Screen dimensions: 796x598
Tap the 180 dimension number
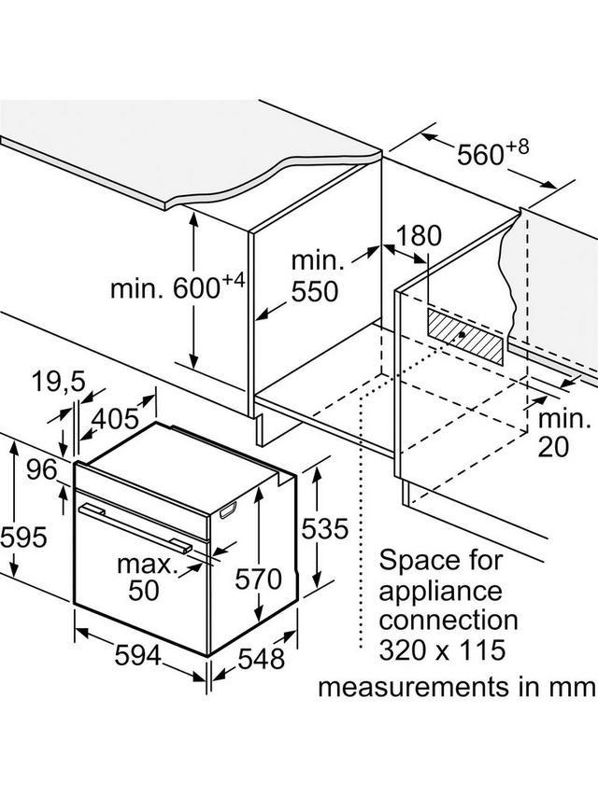click(x=418, y=236)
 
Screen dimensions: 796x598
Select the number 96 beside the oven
click(x=42, y=470)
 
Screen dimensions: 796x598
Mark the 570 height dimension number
click(x=257, y=580)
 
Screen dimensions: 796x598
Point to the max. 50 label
click(x=146, y=578)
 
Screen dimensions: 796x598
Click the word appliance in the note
click(x=439, y=590)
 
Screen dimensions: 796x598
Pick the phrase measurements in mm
click(x=456, y=688)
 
